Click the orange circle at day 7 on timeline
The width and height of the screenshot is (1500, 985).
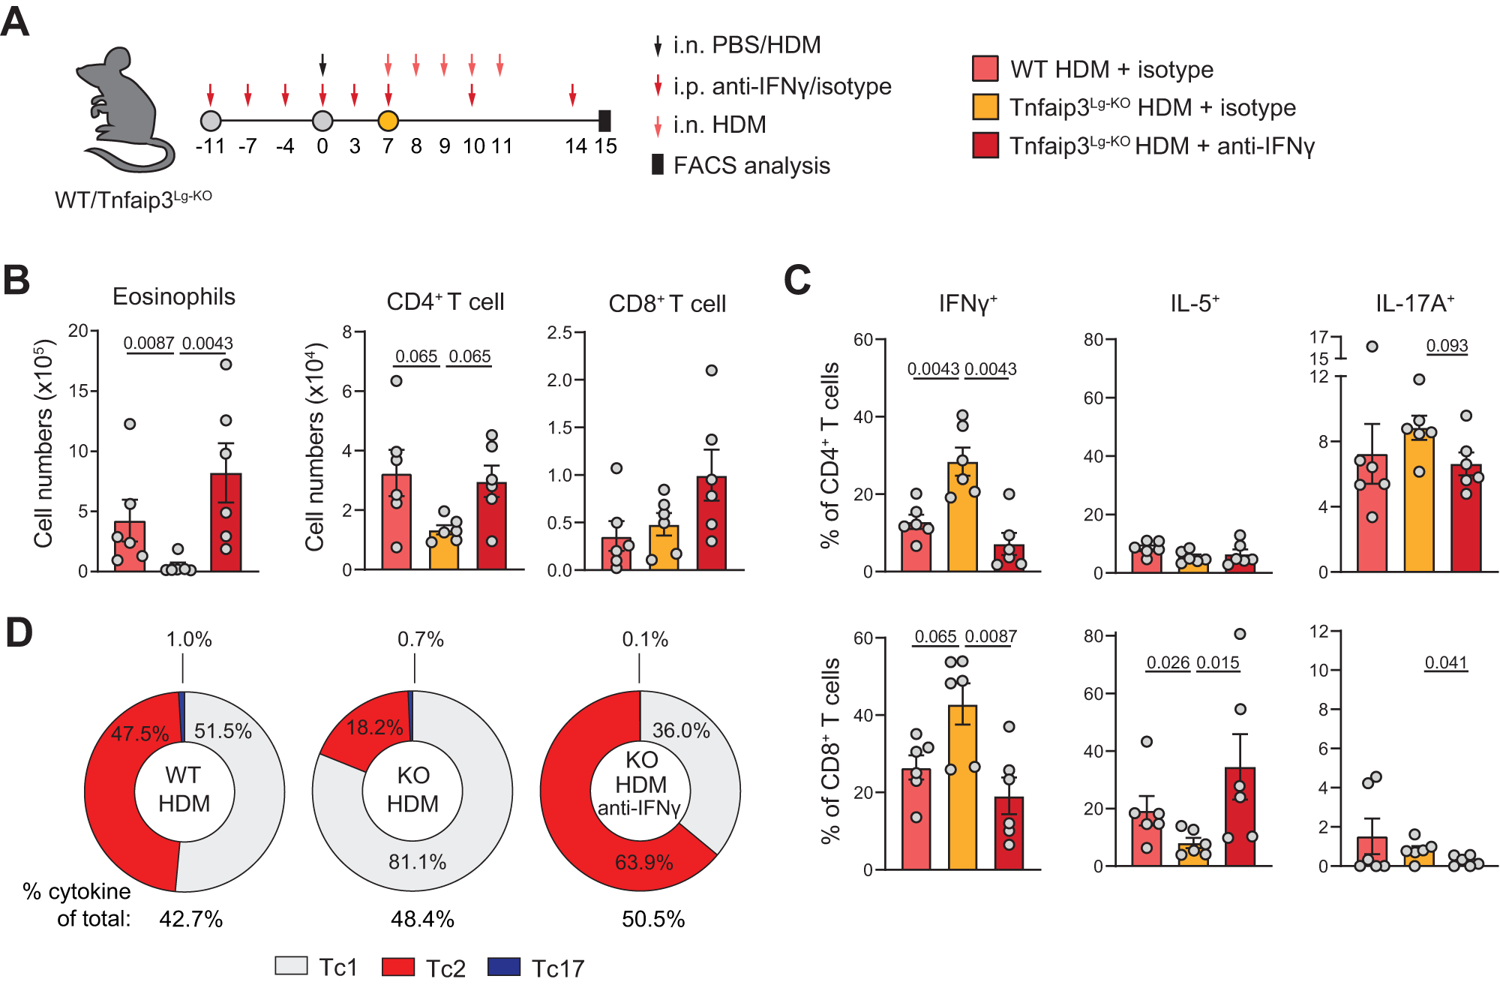[x=388, y=121]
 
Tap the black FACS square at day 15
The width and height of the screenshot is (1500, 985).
[x=604, y=121]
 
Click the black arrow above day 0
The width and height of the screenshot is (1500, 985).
[x=322, y=65]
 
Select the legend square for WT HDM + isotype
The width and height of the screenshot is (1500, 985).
[x=985, y=68]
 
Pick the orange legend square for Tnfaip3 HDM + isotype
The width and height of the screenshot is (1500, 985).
[x=985, y=107]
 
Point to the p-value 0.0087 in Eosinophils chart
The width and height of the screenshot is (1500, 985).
[x=148, y=344]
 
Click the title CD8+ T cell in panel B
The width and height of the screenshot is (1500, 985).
[x=667, y=304]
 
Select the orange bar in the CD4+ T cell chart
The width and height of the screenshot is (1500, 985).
[x=444, y=551]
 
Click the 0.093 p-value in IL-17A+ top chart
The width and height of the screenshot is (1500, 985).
[x=1447, y=346]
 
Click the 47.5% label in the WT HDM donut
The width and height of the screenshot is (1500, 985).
[x=140, y=733]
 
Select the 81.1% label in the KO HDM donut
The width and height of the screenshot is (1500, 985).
[x=417, y=862]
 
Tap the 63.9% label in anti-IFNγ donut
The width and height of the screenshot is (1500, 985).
[x=643, y=863]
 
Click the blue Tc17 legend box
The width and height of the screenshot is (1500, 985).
[x=503, y=966]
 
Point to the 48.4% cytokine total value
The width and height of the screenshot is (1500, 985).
[x=422, y=919]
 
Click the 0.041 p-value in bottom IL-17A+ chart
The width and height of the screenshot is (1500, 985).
[x=1445, y=663]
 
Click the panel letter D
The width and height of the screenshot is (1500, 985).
[x=19, y=632]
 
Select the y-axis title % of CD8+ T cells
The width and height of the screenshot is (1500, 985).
[x=830, y=750]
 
